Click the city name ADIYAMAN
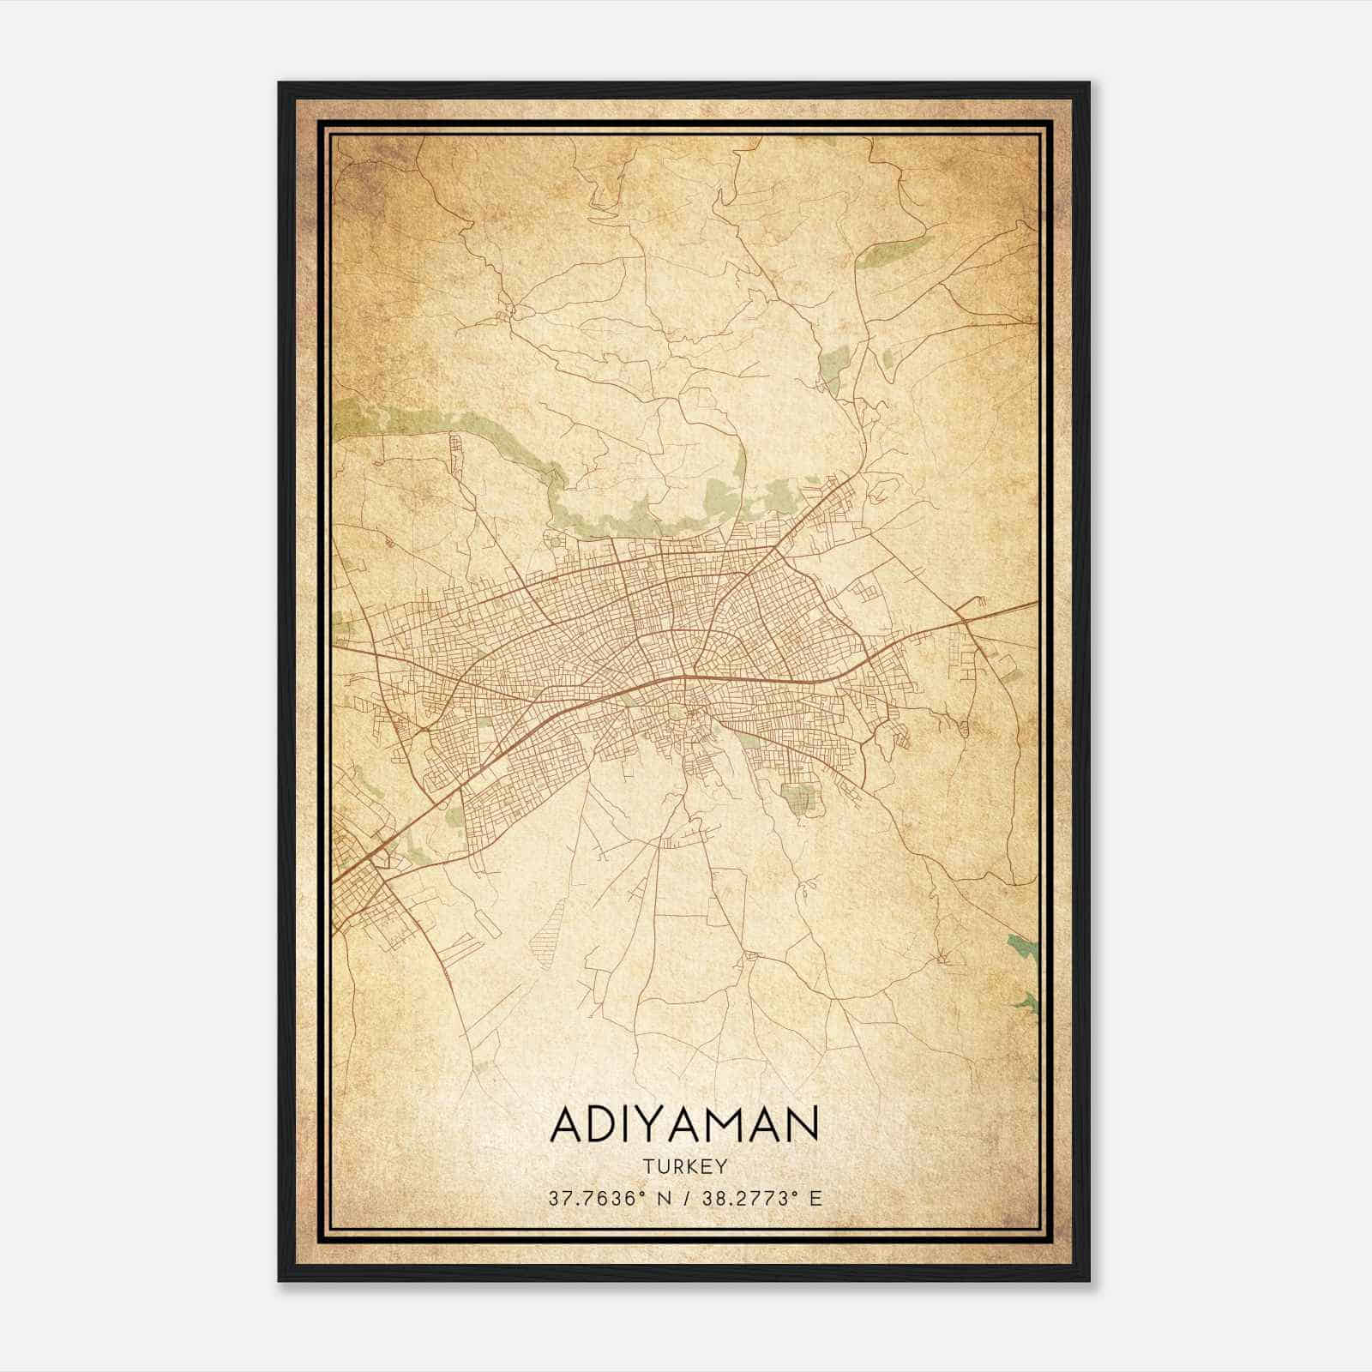(x=684, y=1124)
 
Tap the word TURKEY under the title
(x=684, y=1166)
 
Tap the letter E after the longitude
(x=815, y=1198)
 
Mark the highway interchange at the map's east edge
(x=966, y=614)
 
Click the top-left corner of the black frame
(x=280, y=84)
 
